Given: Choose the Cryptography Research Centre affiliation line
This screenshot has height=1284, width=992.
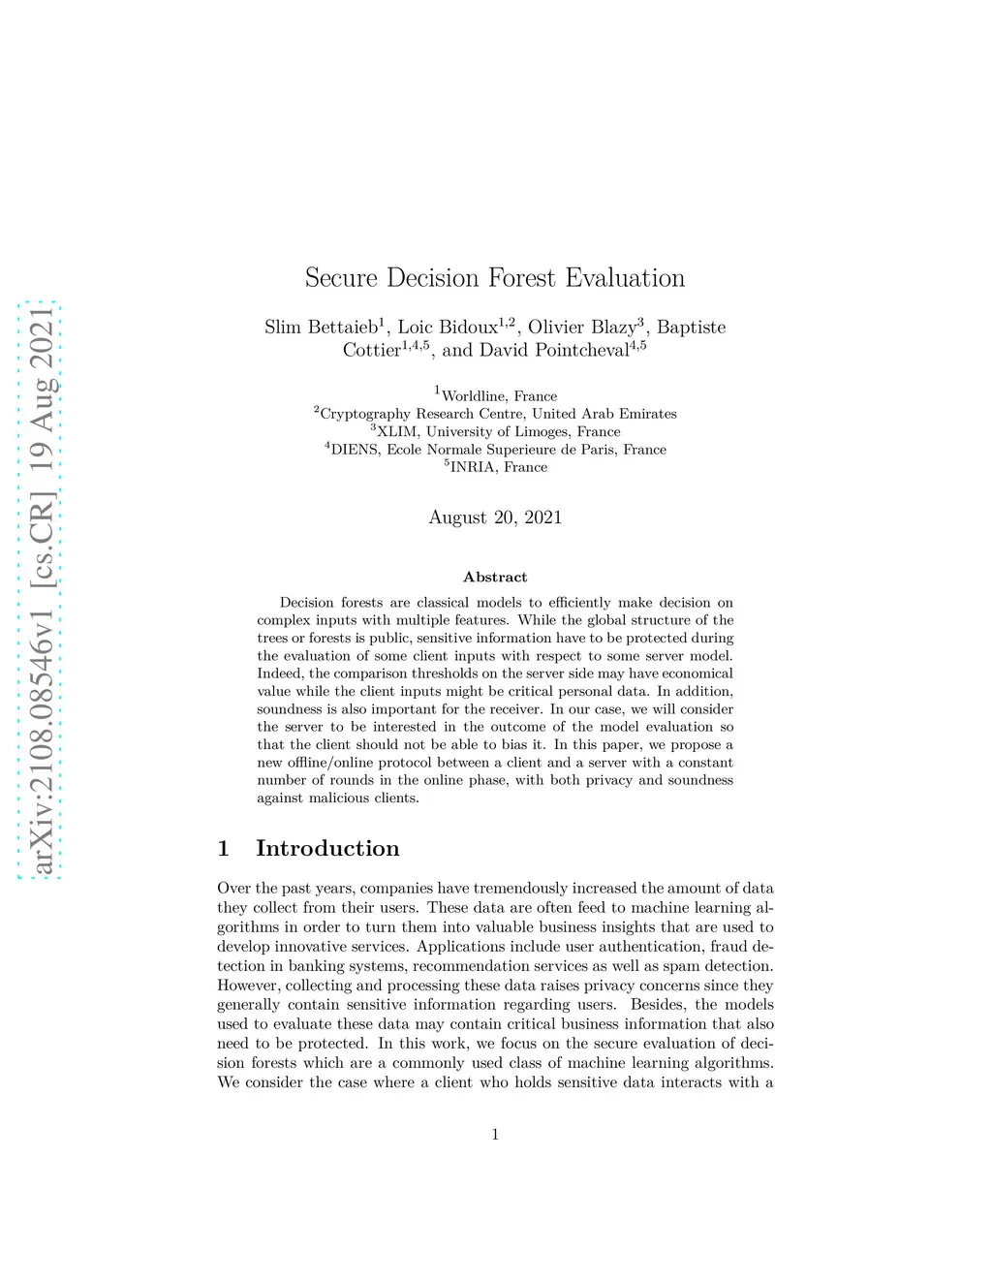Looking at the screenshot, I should [497, 414].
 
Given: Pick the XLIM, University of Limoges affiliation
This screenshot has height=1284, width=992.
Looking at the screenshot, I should [497, 431].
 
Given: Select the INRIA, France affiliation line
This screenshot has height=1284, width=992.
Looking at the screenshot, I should [497, 467].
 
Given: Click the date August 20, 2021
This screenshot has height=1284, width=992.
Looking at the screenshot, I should [495, 517].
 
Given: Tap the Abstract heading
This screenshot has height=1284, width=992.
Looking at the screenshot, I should [495, 578].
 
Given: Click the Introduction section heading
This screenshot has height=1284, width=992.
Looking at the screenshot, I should [327, 849].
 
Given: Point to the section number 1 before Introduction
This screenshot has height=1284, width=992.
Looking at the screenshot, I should [224, 849].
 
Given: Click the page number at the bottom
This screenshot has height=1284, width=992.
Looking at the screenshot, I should [495, 1135].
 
